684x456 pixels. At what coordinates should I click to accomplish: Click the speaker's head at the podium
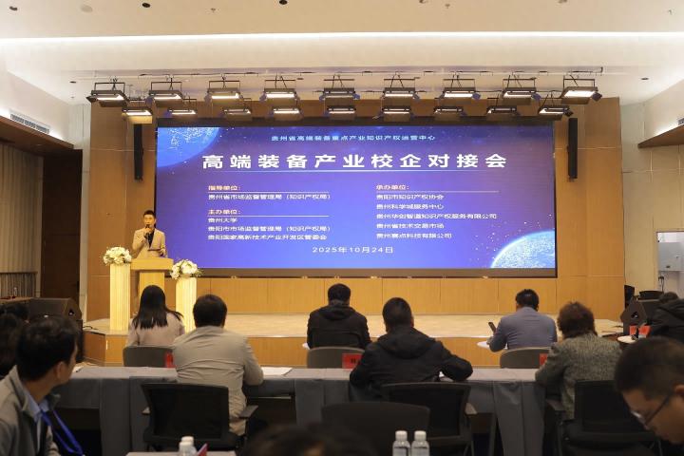(148, 218)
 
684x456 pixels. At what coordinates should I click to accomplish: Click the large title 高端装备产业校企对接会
(353, 161)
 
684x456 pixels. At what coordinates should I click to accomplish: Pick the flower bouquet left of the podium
(118, 256)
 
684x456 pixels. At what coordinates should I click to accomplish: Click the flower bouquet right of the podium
(185, 269)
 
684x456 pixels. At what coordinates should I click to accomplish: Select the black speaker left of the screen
(139, 152)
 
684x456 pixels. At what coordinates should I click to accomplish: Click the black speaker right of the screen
(572, 147)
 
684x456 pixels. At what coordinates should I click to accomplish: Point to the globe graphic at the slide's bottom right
(523, 252)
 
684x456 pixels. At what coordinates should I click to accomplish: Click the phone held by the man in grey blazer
(491, 327)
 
